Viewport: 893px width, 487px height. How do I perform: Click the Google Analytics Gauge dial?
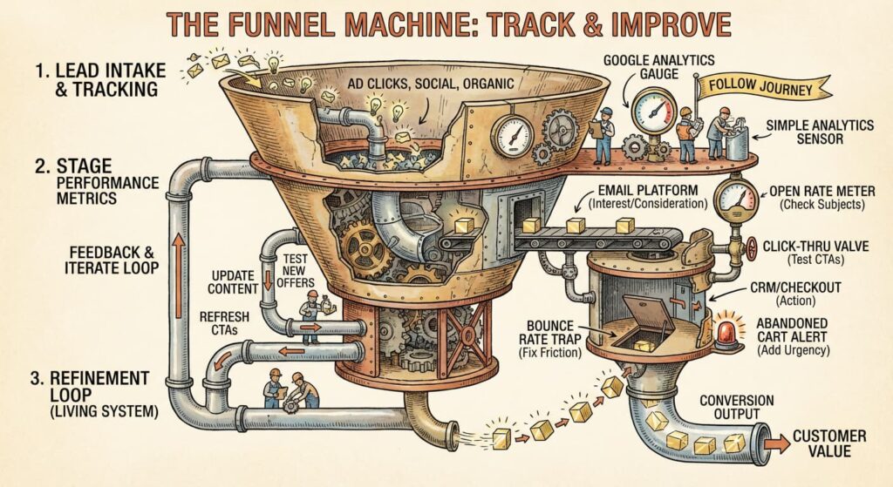[x=654, y=112]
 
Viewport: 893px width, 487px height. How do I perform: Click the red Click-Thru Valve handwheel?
[x=752, y=251]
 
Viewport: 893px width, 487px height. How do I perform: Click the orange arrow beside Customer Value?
[x=777, y=443]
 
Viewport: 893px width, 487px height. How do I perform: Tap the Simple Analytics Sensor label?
[x=820, y=133]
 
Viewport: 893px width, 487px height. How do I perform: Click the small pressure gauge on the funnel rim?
[x=512, y=133]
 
